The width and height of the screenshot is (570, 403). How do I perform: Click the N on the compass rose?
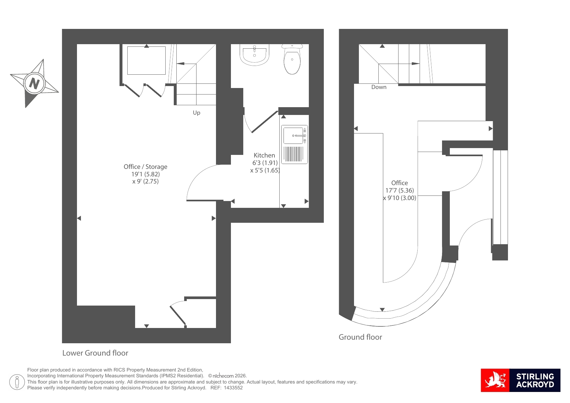click(34, 83)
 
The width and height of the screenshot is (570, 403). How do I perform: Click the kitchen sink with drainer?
click(294, 145)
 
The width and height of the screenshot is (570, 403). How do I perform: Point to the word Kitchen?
click(264, 155)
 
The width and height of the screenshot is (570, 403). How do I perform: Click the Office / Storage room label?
click(146, 167)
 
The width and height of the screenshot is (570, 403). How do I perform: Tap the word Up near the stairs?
click(196, 113)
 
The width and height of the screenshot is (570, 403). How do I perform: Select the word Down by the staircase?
click(379, 87)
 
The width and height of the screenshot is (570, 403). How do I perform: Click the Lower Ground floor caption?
click(95, 353)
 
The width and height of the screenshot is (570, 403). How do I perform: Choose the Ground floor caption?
click(361, 337)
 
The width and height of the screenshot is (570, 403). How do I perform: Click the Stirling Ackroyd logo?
click(521, 380)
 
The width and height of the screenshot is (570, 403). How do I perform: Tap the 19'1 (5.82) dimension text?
click(146, 174)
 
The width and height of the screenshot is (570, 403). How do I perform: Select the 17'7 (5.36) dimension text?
click(399, 191)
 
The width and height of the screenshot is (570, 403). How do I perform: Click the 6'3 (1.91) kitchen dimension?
click(265, 163)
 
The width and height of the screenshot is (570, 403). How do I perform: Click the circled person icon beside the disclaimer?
click(17, 382)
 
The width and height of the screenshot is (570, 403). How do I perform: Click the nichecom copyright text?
click(227, 376)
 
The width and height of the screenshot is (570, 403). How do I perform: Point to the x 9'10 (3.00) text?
click(399, 198)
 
